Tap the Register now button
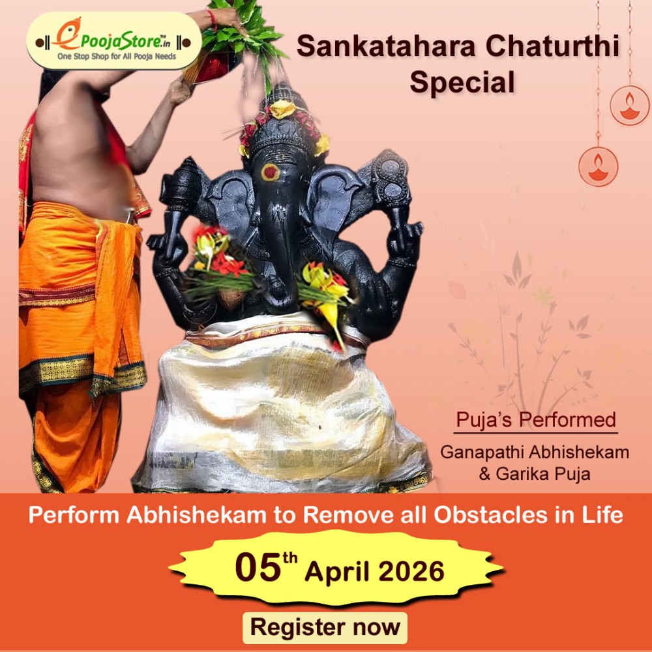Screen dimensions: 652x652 point(325,627)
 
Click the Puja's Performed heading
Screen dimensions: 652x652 point(535,419)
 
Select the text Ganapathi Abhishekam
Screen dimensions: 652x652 point(535,452)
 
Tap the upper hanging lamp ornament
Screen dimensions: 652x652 point(629,106)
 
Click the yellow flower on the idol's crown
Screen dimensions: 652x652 point(283,109)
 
